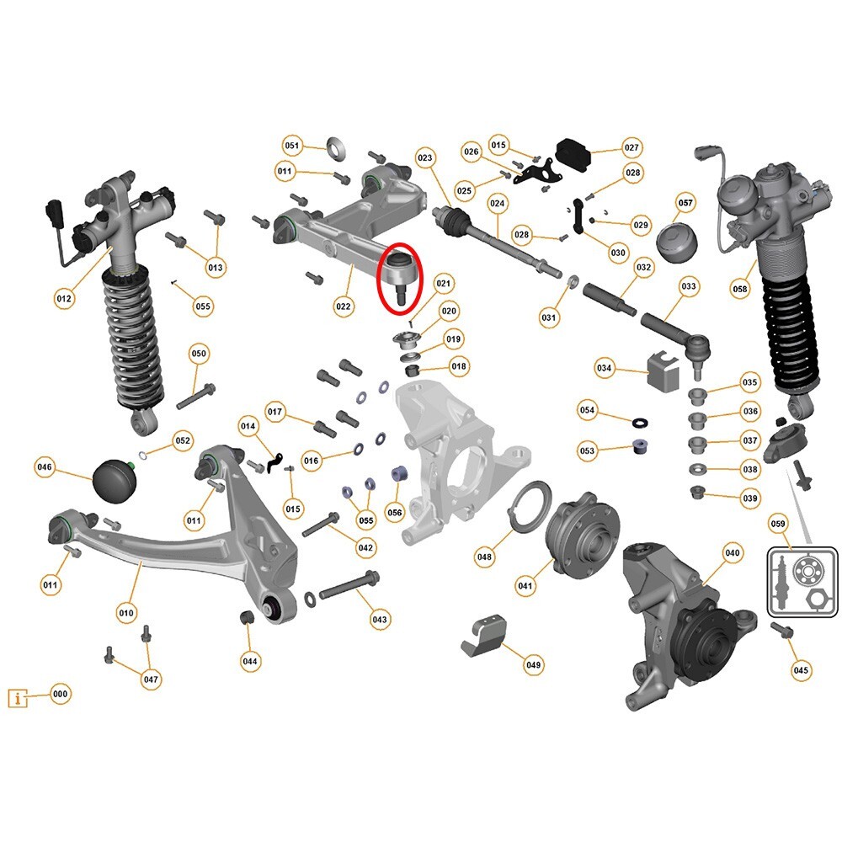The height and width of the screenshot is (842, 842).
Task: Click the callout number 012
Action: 63,299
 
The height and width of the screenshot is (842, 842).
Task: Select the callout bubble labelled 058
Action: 739,289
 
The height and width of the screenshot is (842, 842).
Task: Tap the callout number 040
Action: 733,552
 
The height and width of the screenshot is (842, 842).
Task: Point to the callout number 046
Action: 44,466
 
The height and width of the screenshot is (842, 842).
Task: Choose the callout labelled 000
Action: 60,694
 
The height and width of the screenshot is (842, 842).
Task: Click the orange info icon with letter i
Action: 18,698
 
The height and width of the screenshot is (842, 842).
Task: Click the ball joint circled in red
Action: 399,274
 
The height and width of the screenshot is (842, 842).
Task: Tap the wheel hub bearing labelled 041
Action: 583,540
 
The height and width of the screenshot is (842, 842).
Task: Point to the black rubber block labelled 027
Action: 573,154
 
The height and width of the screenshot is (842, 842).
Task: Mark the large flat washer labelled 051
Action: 336,147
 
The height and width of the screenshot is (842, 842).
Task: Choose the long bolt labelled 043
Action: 349,586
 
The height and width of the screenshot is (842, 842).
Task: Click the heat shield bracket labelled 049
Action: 483,635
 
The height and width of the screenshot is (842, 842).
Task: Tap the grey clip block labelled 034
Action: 663,370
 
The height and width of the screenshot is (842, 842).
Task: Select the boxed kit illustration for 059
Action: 802,582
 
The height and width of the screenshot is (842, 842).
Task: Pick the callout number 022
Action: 344,306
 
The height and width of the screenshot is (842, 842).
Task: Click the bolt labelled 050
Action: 196,396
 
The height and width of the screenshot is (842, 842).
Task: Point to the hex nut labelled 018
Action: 412,370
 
